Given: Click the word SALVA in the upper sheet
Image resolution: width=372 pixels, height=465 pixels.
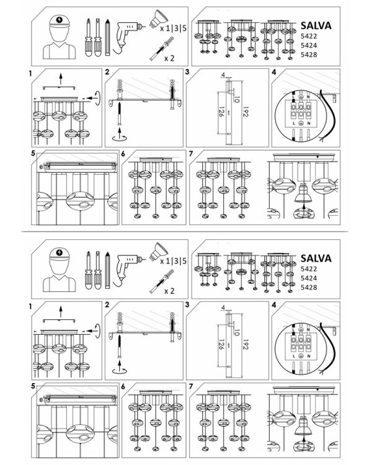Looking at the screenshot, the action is point(316,25).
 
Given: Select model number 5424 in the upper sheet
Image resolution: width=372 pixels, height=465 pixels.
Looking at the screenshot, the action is point(309,45).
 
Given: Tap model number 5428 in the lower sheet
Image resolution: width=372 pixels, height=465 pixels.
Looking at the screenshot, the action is point(309,287).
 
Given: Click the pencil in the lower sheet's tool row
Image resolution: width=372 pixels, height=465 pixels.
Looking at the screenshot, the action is point(107,270).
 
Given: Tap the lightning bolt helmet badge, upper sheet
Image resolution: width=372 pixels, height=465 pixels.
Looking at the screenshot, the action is point(60,20).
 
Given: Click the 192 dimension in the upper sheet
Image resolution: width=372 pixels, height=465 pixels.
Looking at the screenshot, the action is point(246,111).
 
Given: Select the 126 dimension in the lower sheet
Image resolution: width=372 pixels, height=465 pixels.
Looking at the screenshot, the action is point(221,344).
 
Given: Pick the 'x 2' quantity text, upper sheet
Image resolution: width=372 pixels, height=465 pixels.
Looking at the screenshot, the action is point(169,58).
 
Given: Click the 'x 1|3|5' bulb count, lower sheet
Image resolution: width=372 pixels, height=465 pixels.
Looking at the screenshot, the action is point(173,261).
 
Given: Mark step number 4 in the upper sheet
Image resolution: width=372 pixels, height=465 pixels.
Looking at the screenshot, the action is point(274,72).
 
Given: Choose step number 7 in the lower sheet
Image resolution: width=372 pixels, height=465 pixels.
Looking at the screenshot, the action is point(191,386).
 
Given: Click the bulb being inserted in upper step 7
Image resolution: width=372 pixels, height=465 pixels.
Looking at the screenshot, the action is point(303,193).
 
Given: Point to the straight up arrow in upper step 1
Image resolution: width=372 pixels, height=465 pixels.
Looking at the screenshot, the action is point(61,78).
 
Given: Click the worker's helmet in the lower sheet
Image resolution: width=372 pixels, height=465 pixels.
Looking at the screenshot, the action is point(60,254).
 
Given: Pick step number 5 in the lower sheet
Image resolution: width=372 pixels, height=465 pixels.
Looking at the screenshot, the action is point(33,386).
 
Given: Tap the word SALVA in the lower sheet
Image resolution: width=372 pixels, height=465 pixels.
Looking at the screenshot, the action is point(316,259).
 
